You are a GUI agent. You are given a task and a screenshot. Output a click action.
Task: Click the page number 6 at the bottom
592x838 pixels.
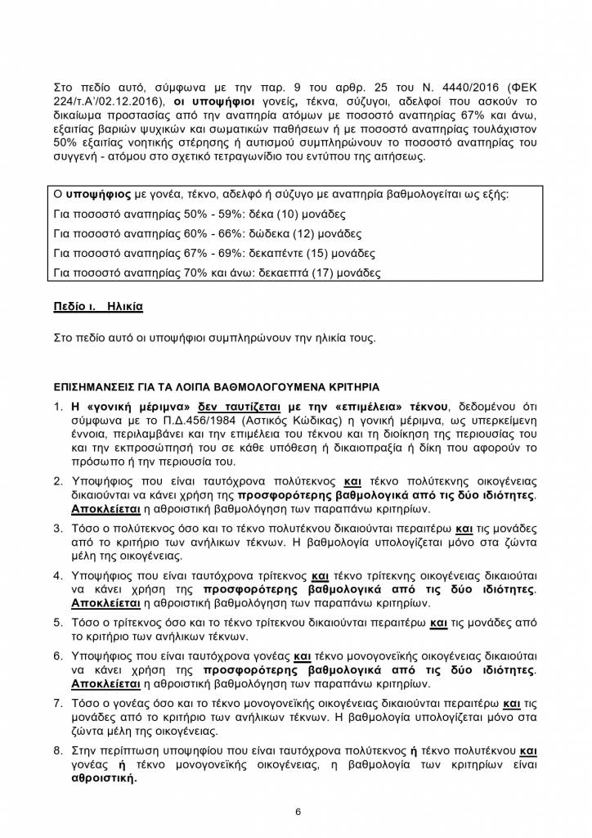[x=298, y=812]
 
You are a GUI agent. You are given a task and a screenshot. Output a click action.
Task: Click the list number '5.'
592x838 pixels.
[x=58, y=620]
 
